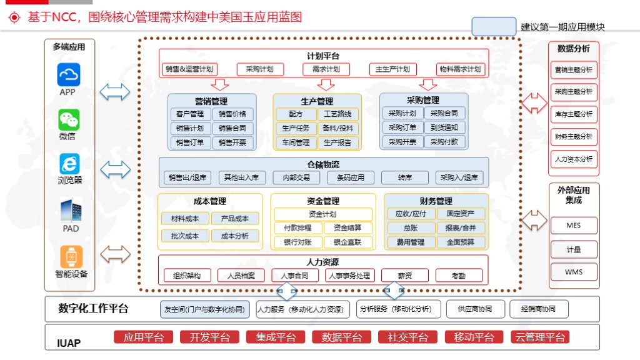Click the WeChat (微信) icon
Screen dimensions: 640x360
pyautogui.click(x=69, y=119)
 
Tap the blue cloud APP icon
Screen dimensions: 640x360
pyautogui.click(x=69, y=75)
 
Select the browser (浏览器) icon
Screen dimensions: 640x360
pyautogui.click(x=69, y=164)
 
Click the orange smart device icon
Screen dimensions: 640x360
pyautogui.click(x=71, y=256)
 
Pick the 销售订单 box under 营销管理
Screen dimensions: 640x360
pyautogui.click(x=190, y=142)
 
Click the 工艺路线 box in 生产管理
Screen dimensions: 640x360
pyautogui.click(x=337, y=114)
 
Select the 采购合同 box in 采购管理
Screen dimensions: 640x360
pyautogui.click(x=444, y=113)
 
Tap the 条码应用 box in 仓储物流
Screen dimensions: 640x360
pyautogui.click(x=351, y=177)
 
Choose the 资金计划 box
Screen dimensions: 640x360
pyautogui.click(x=323, y=214)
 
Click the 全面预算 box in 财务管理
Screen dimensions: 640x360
pyautogui.click(x=461, y=242)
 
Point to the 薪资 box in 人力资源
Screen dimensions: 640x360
pyautogui.click(x=405, y=276)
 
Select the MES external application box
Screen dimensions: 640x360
pyautogui.click(x=574, y=225)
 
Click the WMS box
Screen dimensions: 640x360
pyautogui.click(x=574, y=272)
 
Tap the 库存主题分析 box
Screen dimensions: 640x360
pyautogui.click(x=574, y=114)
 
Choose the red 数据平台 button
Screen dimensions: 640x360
pyautogui.click(x=342, y=337)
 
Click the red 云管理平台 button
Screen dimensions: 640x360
pyautogui.click(x=540, y=337)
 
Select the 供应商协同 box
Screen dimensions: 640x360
pyautogui.click(x=476, y=309)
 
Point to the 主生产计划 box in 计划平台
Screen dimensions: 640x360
pyautogui.click(x=392, y=69)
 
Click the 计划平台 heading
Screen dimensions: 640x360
pyautogui.click(x=323, y=56)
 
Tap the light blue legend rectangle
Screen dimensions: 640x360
pyautogui.click(x=494, y=26)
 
